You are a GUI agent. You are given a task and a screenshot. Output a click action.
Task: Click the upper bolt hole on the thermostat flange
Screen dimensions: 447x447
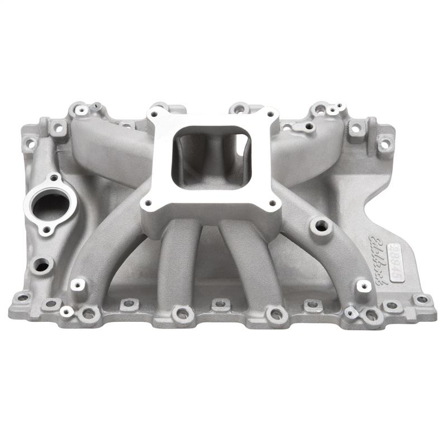(54, 178)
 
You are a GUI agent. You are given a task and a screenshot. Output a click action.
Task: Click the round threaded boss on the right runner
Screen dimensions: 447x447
(321, 226)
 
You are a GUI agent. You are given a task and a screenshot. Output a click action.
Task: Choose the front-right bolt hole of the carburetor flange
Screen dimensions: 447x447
(274, 203)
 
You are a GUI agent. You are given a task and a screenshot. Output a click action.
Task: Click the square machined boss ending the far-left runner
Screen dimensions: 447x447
(78, 284)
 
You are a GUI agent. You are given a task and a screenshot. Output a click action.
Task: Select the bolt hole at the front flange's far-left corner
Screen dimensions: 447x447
(22, 298)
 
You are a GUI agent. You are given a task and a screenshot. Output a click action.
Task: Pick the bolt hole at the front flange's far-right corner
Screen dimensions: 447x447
(423, 299)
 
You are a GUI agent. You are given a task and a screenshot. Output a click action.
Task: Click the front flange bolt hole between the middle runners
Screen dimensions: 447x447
(220, 305)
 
